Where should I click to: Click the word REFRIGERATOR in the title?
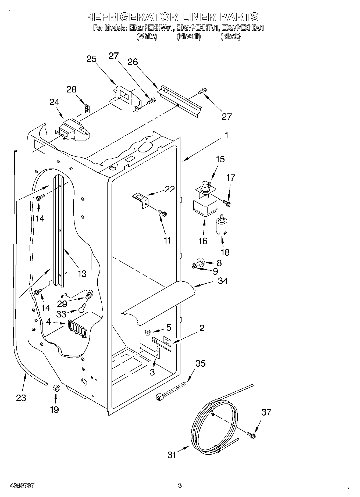(131, 17)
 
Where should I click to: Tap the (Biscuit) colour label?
(189, 37)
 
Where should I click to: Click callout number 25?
(92, 59)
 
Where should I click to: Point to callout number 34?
(223, 281)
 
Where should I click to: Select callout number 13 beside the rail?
(82, 274)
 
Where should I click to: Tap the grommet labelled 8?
(201, 261)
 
